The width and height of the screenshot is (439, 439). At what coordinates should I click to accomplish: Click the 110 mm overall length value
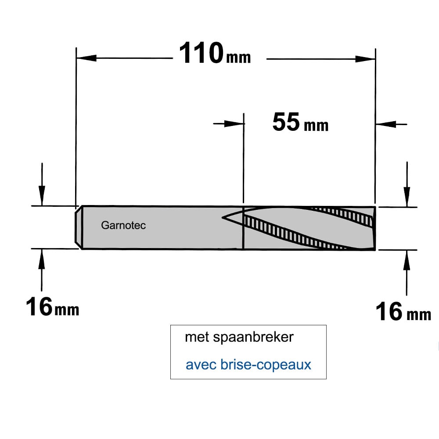(x=215, y=53)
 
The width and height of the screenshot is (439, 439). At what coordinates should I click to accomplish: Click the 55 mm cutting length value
(x=300, y=122)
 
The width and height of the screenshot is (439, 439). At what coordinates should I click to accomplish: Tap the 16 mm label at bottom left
(x=52, y=307)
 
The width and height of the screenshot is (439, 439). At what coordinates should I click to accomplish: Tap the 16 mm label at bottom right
(x=403, y=312)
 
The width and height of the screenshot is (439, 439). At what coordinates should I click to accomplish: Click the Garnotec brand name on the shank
(x=123, y=225)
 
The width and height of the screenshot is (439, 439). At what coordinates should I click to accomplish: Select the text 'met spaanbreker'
(x=239, y=337)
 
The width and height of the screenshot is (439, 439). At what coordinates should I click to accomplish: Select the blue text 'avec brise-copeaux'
(x=248, y=364)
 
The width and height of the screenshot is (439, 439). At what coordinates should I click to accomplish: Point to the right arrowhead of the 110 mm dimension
(x=365, y=59)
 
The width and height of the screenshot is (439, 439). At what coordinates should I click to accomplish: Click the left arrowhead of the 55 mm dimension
(x=234, y=124)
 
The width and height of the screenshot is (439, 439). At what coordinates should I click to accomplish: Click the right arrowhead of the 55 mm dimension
(x=385, y=124)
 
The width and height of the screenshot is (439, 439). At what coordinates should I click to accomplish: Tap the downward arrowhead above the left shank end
(x=42, y=196)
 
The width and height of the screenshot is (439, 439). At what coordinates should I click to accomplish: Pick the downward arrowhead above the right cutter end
(x=407, y=197)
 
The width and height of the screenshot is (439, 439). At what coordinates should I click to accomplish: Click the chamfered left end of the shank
(x=79, y=227)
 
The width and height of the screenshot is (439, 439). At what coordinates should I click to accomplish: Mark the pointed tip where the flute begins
(x=222, y=217)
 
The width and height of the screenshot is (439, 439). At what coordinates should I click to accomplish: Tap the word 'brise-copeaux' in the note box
(x=266, y=364)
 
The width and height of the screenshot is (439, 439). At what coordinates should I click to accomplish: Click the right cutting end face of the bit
(x=374, y=228)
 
